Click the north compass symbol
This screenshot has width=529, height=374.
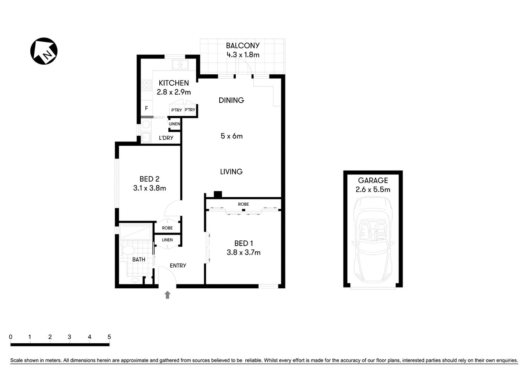[x=44, y=51]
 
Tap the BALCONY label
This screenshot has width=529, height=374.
[x=243, y=46]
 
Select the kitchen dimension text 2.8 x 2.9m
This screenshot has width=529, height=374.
[x=174, y=92]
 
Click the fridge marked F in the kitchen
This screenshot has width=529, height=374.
[x=146, y=108]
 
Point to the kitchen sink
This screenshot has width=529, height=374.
[x=180, y=65]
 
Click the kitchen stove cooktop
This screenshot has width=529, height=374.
[x=146, y=85]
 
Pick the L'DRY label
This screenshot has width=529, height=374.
[x=166, y=138]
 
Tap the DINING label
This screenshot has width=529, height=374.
[x=231, y=100]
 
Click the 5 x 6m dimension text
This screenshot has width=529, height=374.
[x=231, y=136]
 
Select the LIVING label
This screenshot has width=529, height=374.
[x=231, y=171]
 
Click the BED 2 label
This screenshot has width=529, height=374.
[x=150, y=179]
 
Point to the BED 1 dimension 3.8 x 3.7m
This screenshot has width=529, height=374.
[x=243, y=252]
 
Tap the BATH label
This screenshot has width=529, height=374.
[x=139, y=259]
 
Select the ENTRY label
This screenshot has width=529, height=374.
[x=178, y=266]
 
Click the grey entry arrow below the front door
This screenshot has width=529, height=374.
[x=168, y=295]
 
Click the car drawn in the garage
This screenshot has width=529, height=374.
[x=373, y=242]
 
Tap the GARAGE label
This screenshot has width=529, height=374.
[x=373, y=180]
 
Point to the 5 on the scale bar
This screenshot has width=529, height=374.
[x=109, y=337]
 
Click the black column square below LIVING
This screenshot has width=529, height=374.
[x=218, y=194]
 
